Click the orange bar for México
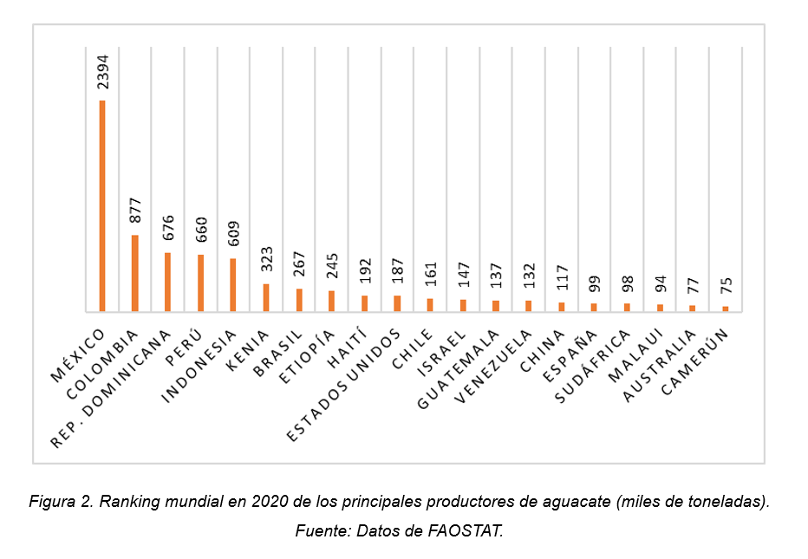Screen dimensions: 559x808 (102, 205)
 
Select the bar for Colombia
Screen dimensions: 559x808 (134, 273)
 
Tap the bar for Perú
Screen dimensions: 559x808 (200, 283)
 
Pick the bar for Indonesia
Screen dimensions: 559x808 (233, 284)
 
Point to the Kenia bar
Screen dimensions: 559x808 (266, 297)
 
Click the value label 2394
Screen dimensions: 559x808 (102, 72)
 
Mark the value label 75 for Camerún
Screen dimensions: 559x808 (727, 287)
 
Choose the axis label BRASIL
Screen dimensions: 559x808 (279, 350)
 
